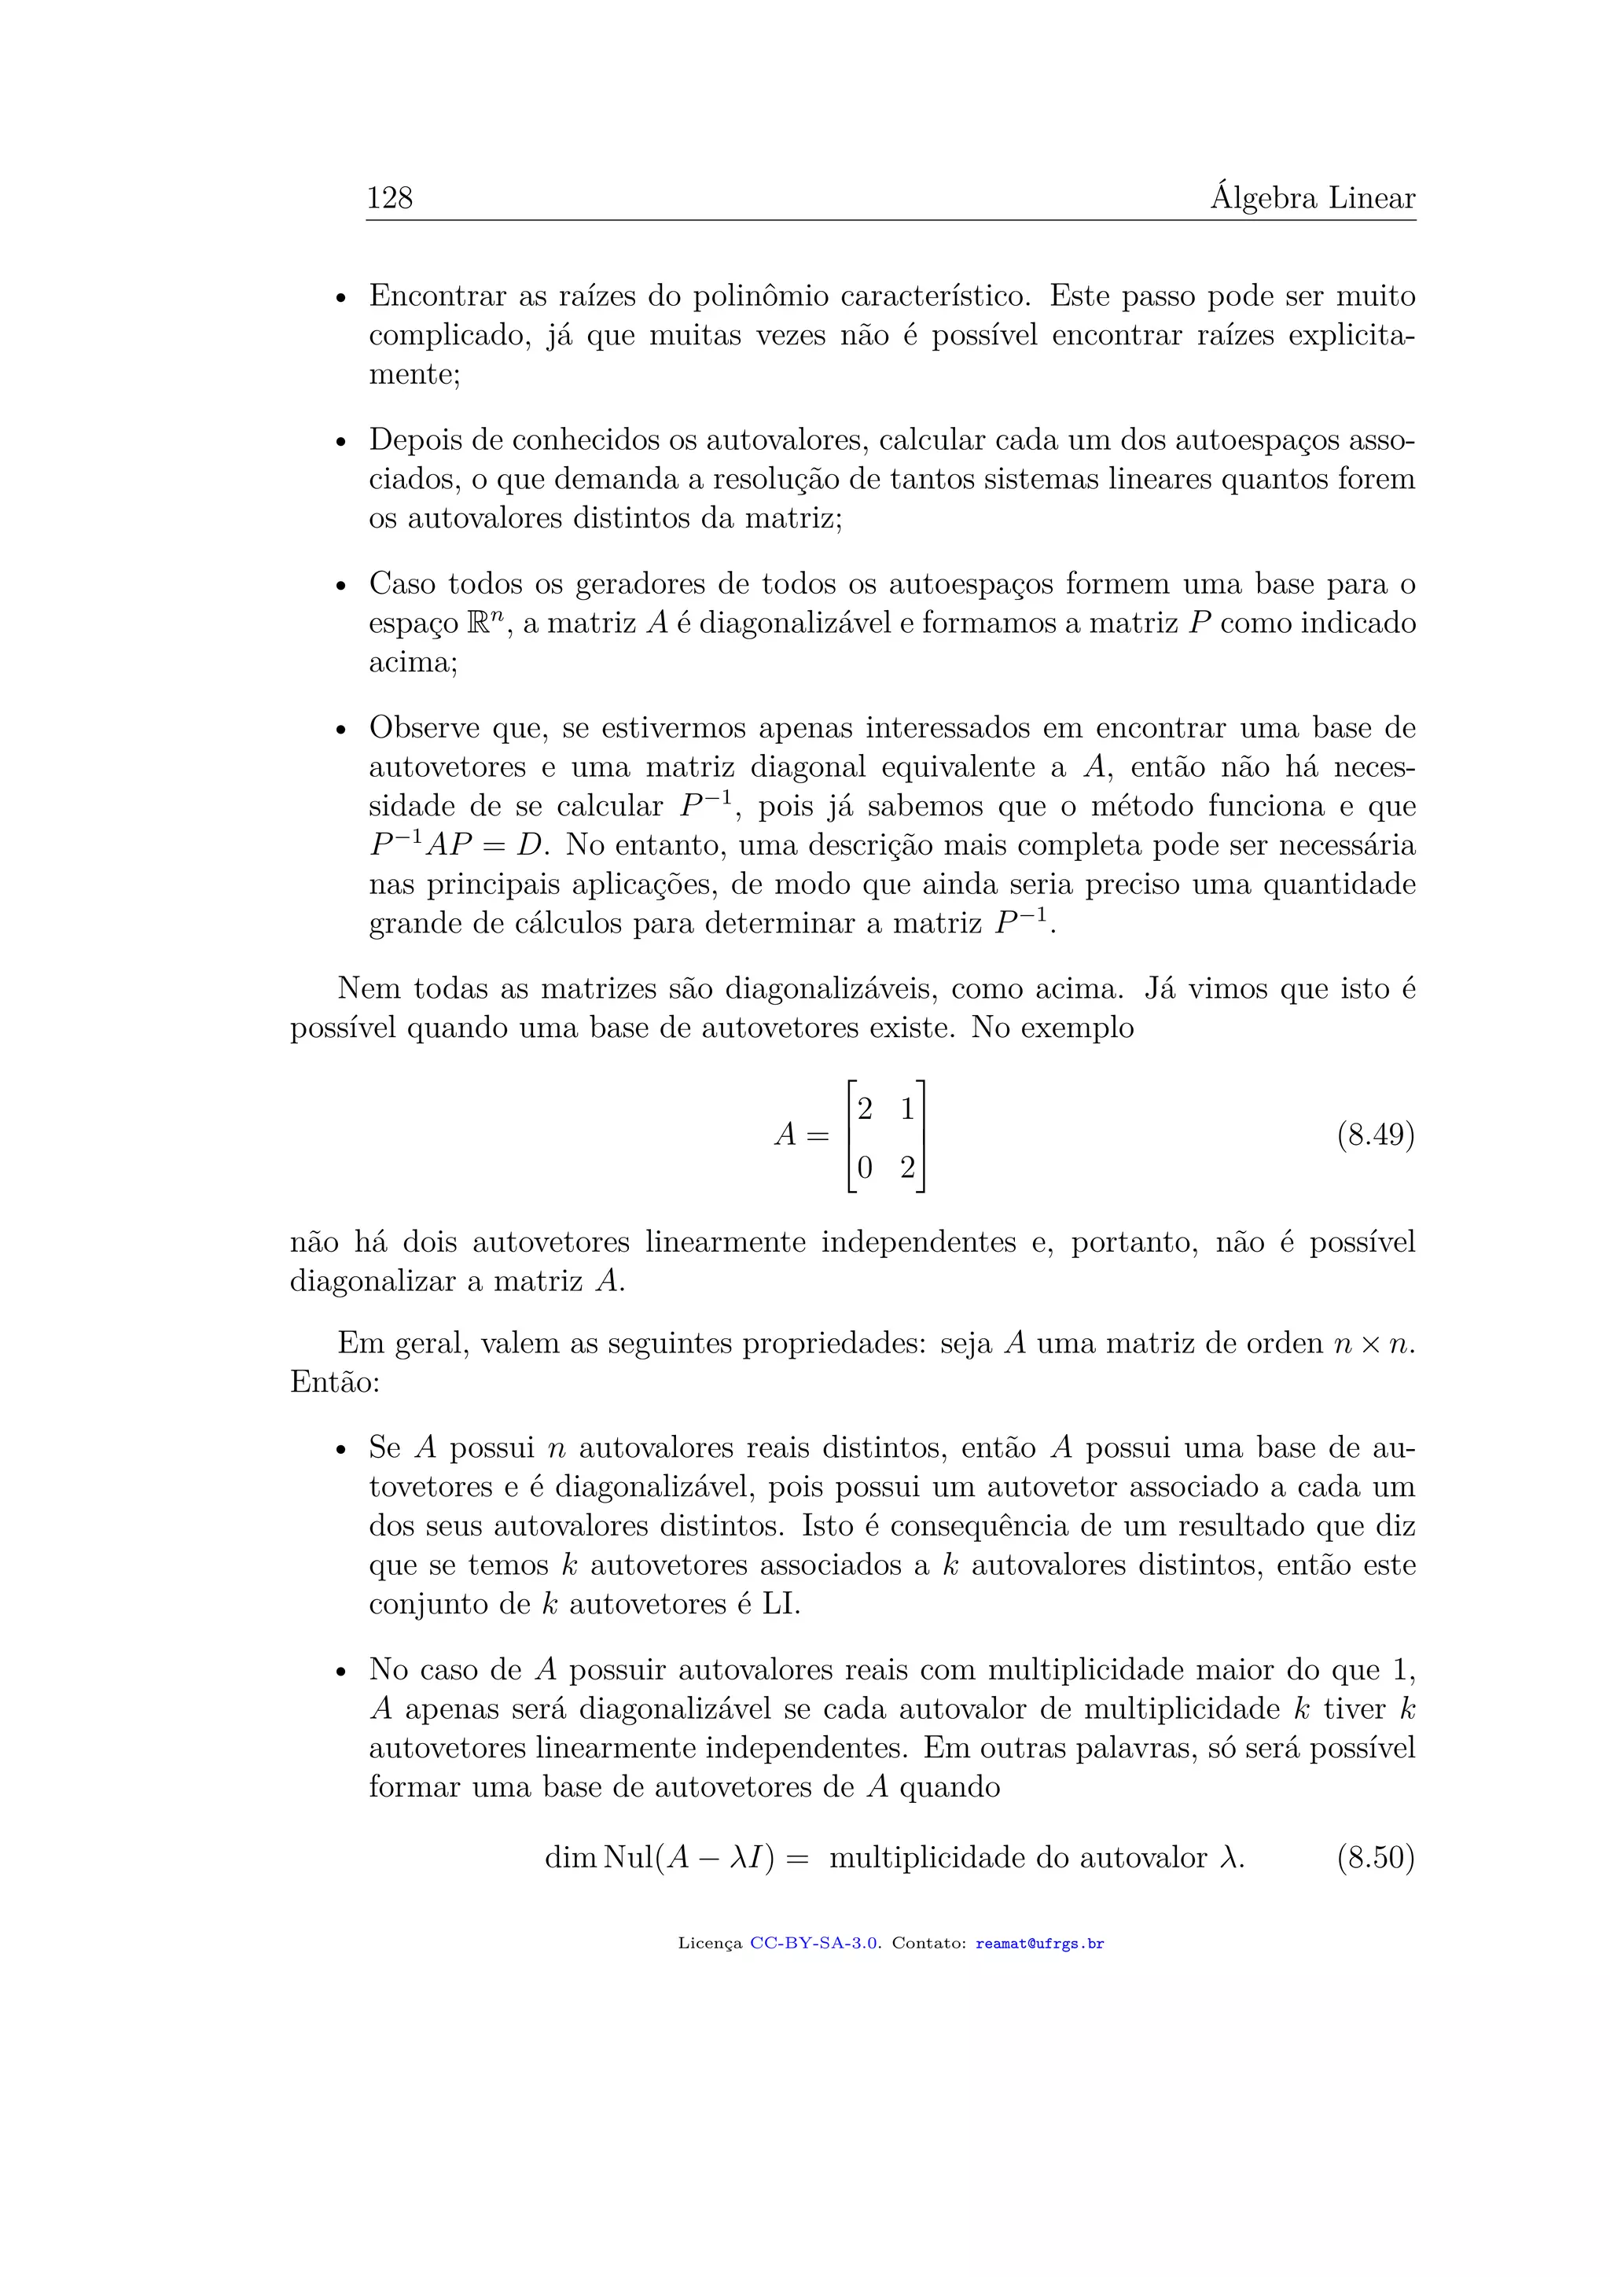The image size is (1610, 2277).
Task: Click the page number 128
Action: [390, 198]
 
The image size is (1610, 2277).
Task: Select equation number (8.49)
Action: [1375, 1135]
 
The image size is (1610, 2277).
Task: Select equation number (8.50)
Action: [1375, 1857]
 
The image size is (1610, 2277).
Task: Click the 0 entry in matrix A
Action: [865, 1168]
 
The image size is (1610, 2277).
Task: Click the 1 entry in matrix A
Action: [907, 1109]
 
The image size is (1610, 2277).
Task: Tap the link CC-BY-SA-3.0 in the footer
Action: [814, 1944]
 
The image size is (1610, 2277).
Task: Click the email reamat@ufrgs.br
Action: [1039, 1944]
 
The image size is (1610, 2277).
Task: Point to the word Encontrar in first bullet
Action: [437, 296]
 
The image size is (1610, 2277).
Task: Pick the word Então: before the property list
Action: [335, 1381]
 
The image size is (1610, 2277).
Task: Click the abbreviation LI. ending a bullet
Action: [780, 1605]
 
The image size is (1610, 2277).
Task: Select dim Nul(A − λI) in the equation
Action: [660, 1857]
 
